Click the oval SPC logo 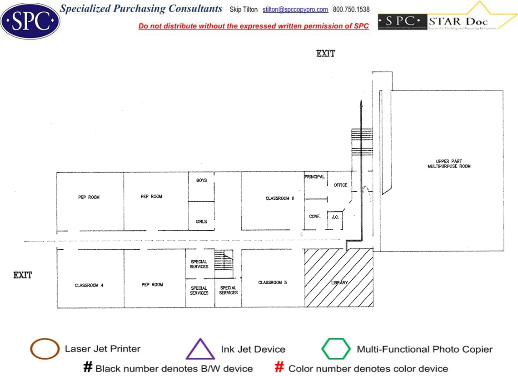tap(30, 20)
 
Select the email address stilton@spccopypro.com tap(295, 10)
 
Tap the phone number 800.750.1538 tap(351, 10)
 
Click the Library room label tap(339, 283)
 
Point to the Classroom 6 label tap(280, 198)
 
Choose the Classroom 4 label tap(89, 286)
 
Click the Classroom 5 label tap(273, 283)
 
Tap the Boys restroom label tap(201, 181)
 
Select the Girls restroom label tap(201, 222)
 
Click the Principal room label tap(314, 177)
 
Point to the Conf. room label tap(315, 217)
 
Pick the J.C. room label tap(335, 217)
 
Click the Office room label tap(340, 185)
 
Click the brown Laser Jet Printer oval tap(45, 349)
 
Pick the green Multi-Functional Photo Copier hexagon tap(336, 349)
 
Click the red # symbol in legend tap(280, 367)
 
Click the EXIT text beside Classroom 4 tap(23, 275)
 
